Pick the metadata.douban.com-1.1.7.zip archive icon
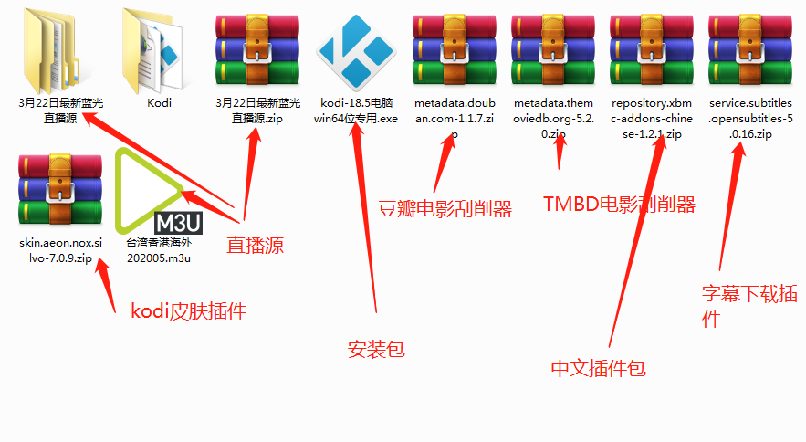[455, 50]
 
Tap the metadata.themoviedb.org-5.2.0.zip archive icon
[553, 50]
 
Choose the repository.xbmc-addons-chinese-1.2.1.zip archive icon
[652, 50]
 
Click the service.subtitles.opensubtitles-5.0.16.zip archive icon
[750, 50]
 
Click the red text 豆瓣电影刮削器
[445, 209]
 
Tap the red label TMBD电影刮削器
[619, 204]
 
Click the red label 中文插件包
[599, 368]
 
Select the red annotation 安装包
[376, 349]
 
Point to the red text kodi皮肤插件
[188, 311]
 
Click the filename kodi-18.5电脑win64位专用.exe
[356, 110]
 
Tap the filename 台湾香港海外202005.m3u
[159, 250]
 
